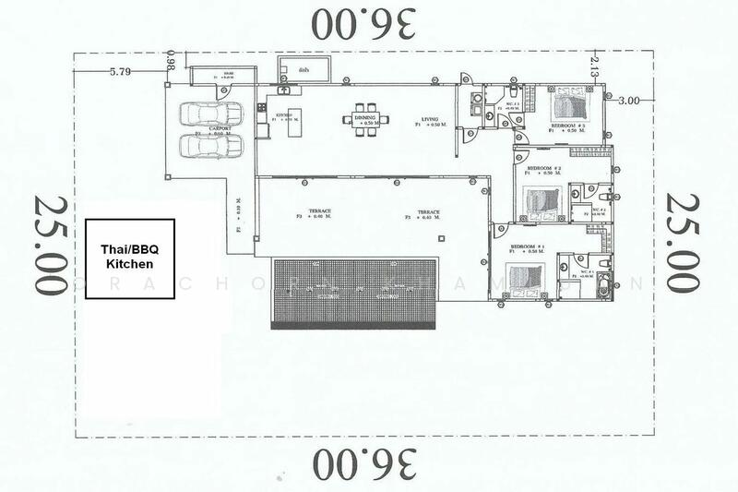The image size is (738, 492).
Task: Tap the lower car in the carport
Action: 206,145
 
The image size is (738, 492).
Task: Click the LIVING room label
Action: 430,119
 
